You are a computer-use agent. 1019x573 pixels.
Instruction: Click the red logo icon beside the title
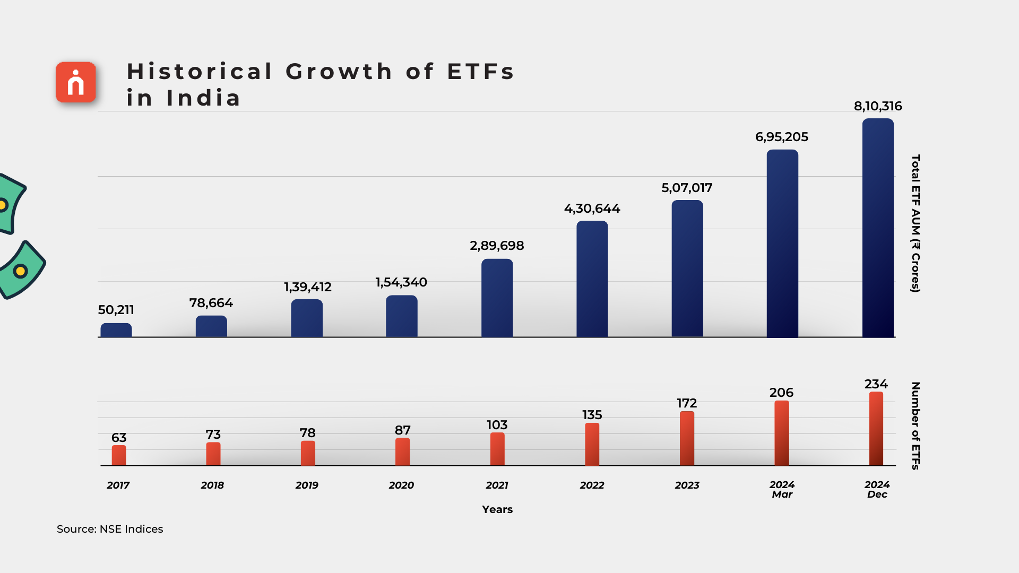[x=76, y=82]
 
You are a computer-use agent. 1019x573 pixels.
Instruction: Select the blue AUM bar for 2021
[x=497, y=298]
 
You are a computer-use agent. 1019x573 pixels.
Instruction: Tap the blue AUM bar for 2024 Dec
[x=878, y=228]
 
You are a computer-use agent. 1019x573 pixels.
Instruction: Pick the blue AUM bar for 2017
[x=116, y=330]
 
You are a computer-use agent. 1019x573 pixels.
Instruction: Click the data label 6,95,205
[x=782, y=137]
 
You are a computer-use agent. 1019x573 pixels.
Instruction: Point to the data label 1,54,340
[x=401, y=282]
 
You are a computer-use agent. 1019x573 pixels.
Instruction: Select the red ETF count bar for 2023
[x=687, y=438]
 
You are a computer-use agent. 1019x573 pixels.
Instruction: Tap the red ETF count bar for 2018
[x=213, y=454]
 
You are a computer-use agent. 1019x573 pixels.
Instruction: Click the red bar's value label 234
[x=876, y=384]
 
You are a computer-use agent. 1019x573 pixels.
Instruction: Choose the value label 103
[x=497, y=425]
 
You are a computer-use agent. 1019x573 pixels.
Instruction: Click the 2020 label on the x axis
[x=401, y=485]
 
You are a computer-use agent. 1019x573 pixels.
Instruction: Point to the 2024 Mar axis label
[x=782, y=489]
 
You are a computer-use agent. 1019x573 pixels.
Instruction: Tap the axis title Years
[x=497, y=509]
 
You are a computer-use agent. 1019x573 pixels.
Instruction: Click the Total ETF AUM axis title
[x=916, y=223]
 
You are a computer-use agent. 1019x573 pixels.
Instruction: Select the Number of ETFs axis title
[x=916, y=426]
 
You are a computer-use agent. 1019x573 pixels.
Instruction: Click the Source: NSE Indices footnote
[x=110, y=529]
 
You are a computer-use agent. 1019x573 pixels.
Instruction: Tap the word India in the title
[x=204, y=98]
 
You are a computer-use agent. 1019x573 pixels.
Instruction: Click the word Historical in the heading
[x=200, y=72]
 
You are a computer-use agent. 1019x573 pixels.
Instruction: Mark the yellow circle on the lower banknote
[x=20, y=271]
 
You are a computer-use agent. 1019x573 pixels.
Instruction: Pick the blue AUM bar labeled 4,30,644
[x=592, y=279]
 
